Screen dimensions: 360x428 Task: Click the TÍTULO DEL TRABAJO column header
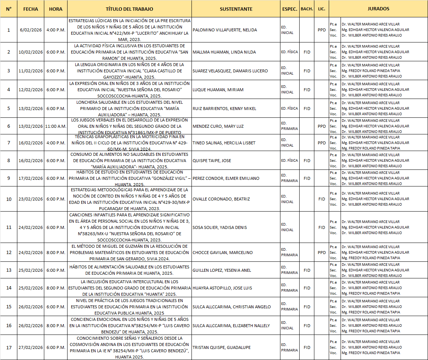[x=129, y=9]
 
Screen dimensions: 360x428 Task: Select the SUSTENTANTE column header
[x=236, y=9]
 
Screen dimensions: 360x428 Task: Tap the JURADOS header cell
[x=378, y=9]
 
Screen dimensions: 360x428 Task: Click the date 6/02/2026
[x=31, y=30]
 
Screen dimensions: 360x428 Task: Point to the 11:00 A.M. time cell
[x=56, y=126]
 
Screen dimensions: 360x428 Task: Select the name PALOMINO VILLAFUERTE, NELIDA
[x=225, y=30]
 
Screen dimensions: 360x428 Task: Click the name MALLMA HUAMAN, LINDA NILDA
[x=224, y=52]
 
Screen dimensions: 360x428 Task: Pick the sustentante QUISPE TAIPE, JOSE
[x=212, y=161]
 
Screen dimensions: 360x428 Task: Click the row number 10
[x=9, y=199]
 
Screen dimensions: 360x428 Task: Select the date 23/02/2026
[x=31, y=199]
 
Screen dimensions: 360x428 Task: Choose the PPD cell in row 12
[x=321, y=253]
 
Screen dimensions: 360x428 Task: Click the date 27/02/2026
[x=31, y=347]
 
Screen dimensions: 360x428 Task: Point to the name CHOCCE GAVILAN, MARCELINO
[x=222, y=253]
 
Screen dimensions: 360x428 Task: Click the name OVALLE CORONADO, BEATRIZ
[x=221, y=199]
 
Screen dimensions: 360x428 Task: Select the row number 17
[x=9, y=347]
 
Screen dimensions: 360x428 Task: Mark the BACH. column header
[x=307, y=9]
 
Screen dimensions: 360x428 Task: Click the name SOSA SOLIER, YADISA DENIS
[x=220, y=227]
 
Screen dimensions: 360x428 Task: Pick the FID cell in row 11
[x=321, y=227]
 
